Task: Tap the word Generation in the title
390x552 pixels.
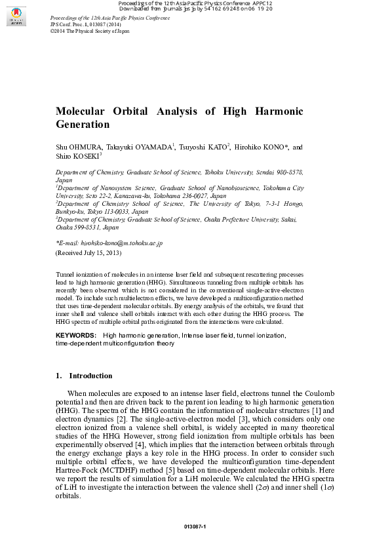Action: pyautogui.click(x=83, y=125)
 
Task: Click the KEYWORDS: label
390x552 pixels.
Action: pyautogui.click(x=75, y=336)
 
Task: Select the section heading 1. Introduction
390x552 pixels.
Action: pyautogui.click(x=83, y=376)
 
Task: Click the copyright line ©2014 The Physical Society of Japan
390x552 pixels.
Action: pyautogui.click(x=89, y=31)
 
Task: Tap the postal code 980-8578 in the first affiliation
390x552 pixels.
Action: pyautogui.click(x=286, y=172)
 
